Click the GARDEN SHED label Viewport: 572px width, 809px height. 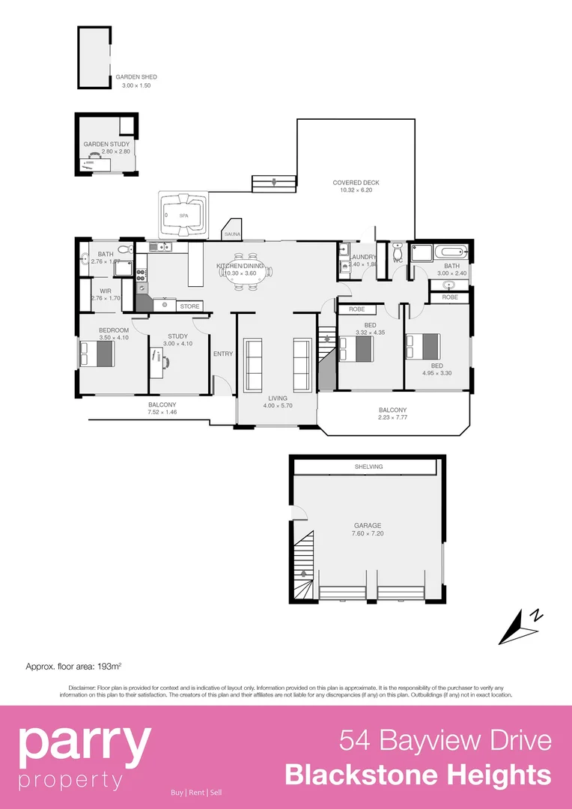point(136,77)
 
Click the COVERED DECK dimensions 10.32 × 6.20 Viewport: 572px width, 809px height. point(356,190)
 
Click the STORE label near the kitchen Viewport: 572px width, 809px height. point(190,306)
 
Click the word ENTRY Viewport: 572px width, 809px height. point(223,354)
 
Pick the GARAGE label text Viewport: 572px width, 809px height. point(367,526)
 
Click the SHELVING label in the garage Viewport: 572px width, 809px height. point(368,467)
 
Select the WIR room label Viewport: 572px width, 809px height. point(106,291)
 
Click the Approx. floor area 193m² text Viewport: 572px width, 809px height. point(73,666)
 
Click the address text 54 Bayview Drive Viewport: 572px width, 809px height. point(445,741)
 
